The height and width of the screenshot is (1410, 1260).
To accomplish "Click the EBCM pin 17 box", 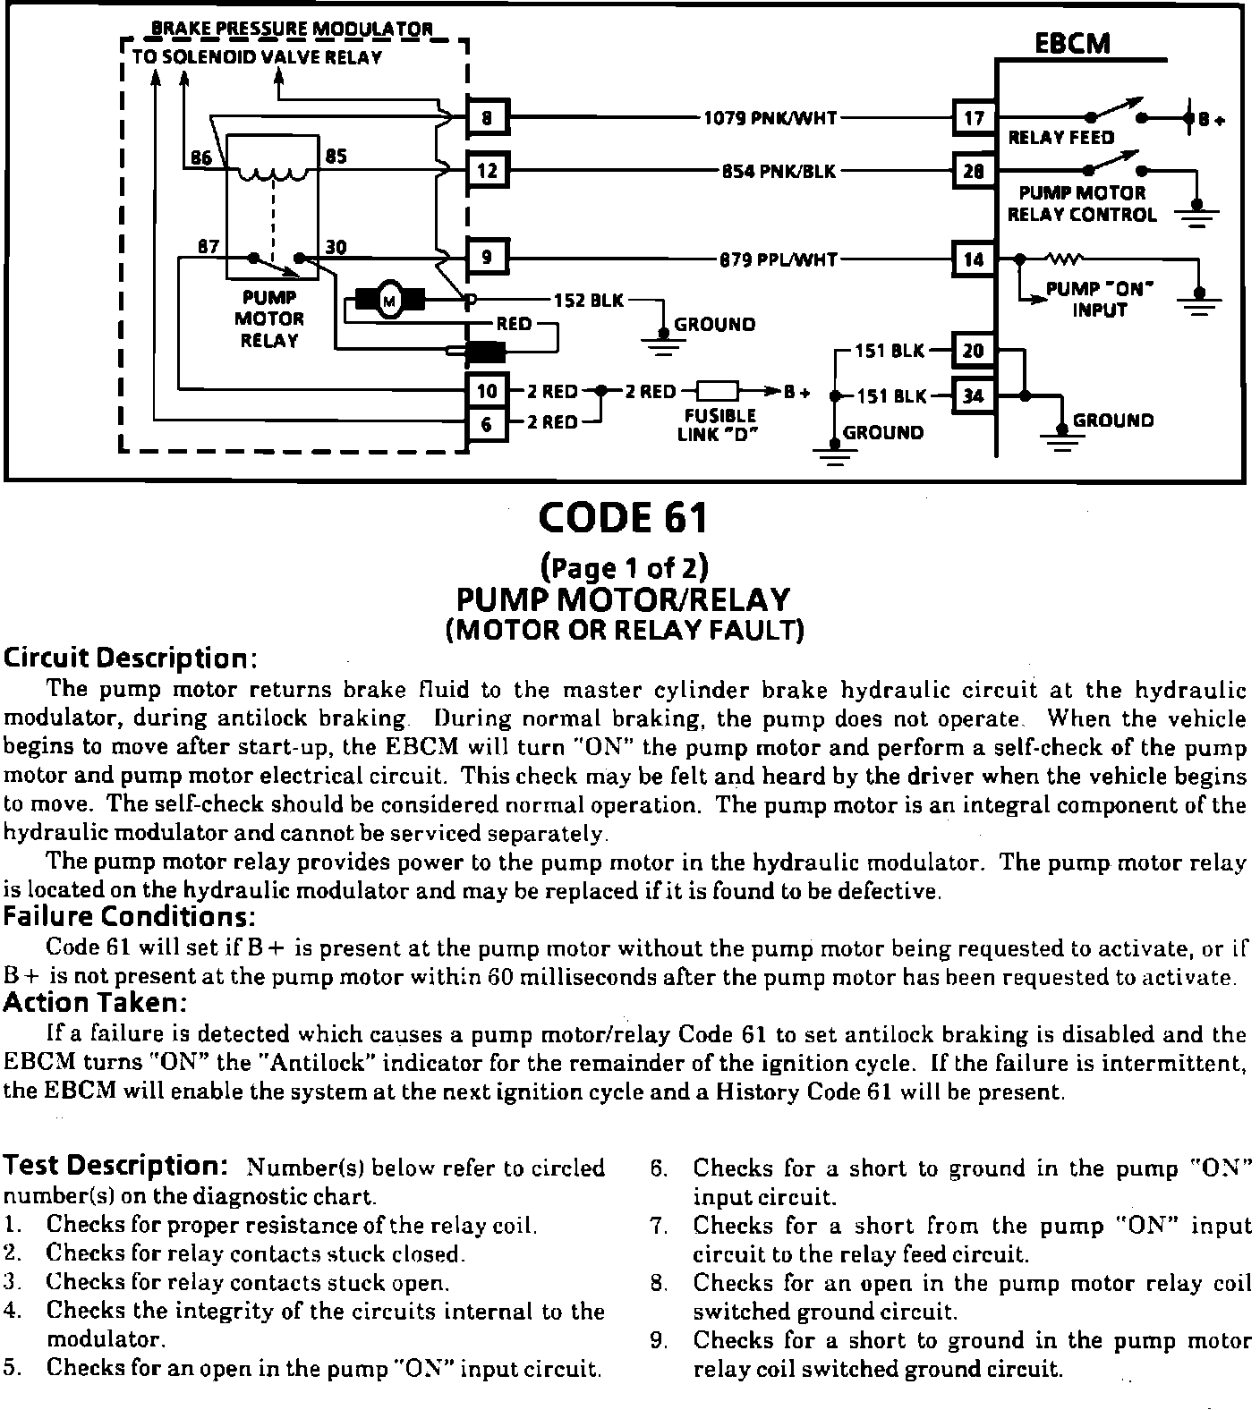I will pyautogui.click(x=974, y=117).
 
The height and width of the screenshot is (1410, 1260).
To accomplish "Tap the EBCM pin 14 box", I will pyautogui.click(x=974, y=259).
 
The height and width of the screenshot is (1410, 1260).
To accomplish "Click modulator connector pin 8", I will pyautogui.click(x=487, y=117).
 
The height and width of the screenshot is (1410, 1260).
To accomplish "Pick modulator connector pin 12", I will pyautogui.click(x=487, y=169).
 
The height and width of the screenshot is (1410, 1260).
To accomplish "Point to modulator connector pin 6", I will pyautogui.click(x=487, y=422).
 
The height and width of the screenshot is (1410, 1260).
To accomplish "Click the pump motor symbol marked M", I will pyautogui.click(x=389, y=302).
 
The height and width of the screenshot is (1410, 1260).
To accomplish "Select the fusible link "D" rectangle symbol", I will pyautogui.click(x=717, y=391).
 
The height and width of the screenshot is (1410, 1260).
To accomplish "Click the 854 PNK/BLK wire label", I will pyautogui.click(x=779, y=170).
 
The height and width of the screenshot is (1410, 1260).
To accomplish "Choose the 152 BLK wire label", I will pyautogui.click(x=589, y=301).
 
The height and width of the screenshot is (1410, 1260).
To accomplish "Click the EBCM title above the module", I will pyautogui.click(x=1071, y=43).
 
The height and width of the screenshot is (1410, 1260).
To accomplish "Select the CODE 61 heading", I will pyautogui.click(x=623, y=518).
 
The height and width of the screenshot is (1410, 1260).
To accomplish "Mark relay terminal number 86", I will pyautogui.click(x=201, y=158).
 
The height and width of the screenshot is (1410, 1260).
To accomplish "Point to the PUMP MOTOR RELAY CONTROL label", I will pyautogui.click(x=1081, y=204).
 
